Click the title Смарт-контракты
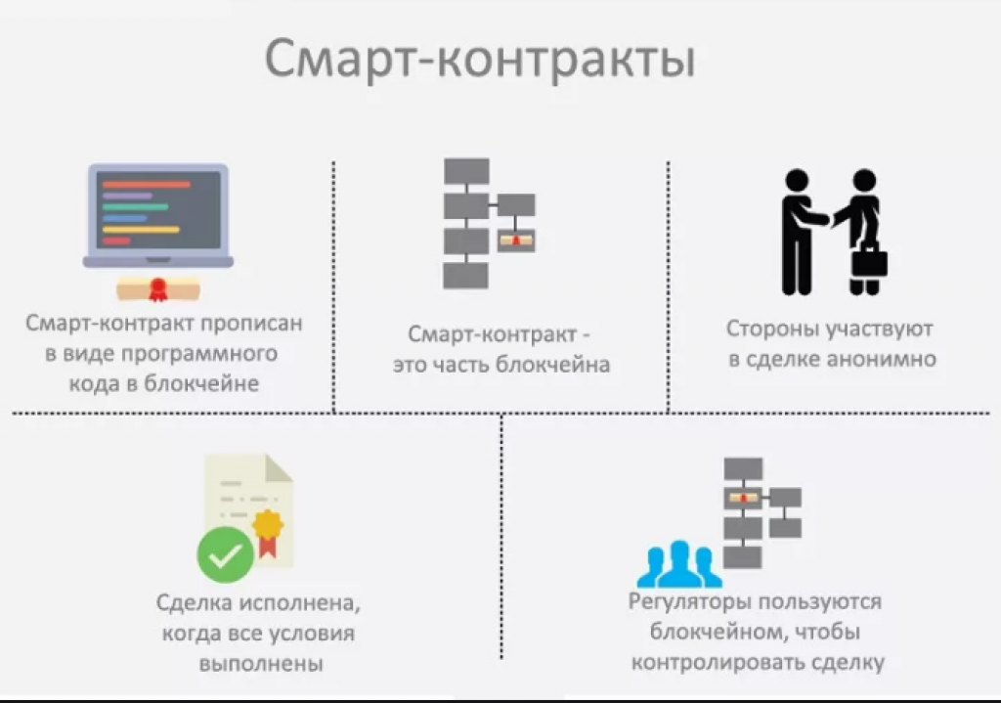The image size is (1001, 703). coord(479,60)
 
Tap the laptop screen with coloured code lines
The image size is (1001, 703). coord(158,210)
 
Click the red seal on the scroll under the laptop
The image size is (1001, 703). coord(157,289)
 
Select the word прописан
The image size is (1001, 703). coord(251,324)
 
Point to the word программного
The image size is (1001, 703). coord(198,354)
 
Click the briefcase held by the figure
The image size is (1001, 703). coord(869,258)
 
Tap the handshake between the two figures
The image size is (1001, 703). coord(829,218)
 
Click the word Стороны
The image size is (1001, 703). coord(772,330)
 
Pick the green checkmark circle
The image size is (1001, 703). coord(226,554)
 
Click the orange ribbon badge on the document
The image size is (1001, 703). coord(268,531)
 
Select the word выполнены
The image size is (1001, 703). coord(261,664)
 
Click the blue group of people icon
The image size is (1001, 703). coord(679,564)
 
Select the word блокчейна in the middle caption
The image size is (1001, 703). coord(553,365)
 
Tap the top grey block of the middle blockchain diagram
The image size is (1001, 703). coord(466,172)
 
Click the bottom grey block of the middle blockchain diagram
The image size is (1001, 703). coord(466,276)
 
